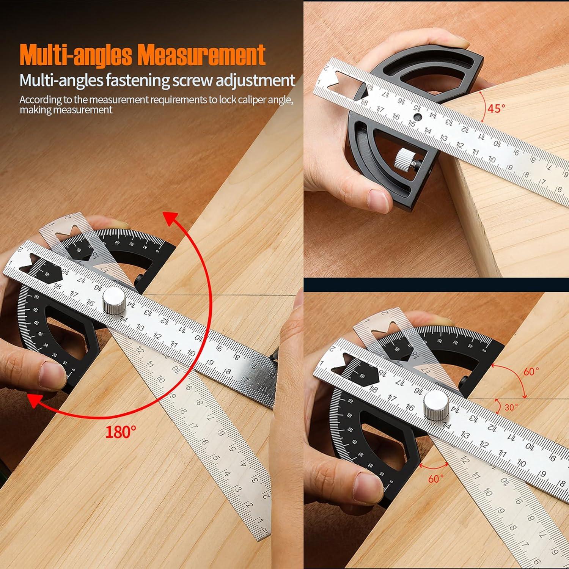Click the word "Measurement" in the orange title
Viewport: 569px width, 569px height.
tap(201, 55)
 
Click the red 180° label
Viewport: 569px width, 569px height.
tap(121, 431)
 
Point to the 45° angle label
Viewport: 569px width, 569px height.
tap(497, 108)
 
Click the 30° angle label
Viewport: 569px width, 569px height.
tap(511, 407)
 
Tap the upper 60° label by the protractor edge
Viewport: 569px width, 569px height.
tap(531, 371)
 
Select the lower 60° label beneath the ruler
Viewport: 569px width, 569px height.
tap(435, 479)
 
